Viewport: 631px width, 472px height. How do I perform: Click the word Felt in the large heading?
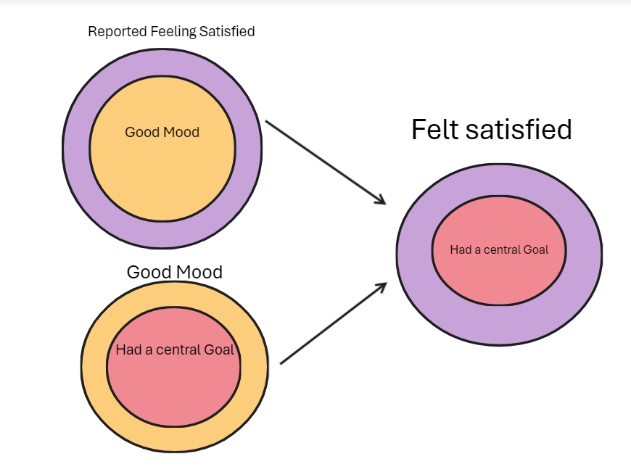434,130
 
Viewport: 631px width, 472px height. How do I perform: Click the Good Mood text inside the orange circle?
162,132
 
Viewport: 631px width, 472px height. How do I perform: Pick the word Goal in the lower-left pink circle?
220,349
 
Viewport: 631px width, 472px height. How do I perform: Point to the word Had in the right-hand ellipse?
460,249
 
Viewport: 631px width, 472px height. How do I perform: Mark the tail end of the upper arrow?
267,122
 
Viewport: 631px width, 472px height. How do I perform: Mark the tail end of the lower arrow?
281,363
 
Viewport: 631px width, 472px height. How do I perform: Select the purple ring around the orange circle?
76,149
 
